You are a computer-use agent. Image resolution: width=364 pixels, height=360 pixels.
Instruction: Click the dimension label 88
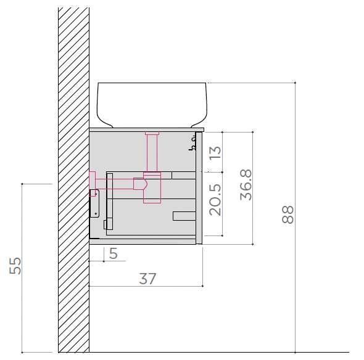tap(288, 215)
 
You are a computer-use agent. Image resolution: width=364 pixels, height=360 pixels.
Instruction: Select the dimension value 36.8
tap(246, 185)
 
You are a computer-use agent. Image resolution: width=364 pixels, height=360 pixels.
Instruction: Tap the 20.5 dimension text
tap(215, 200)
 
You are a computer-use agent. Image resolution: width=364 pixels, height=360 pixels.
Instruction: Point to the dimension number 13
tap(215, 152)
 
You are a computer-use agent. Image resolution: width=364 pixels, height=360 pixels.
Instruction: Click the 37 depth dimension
tap(147, 279)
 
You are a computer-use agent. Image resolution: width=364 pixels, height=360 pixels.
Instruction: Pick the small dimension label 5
tap(114, 253)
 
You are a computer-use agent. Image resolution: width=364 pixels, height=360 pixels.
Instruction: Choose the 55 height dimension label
tap(15, 266)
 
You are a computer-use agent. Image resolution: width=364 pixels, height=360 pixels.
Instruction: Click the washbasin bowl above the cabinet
tap(152, 105)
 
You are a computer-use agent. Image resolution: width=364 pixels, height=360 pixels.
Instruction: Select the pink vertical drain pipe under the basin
tap(152, 152)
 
